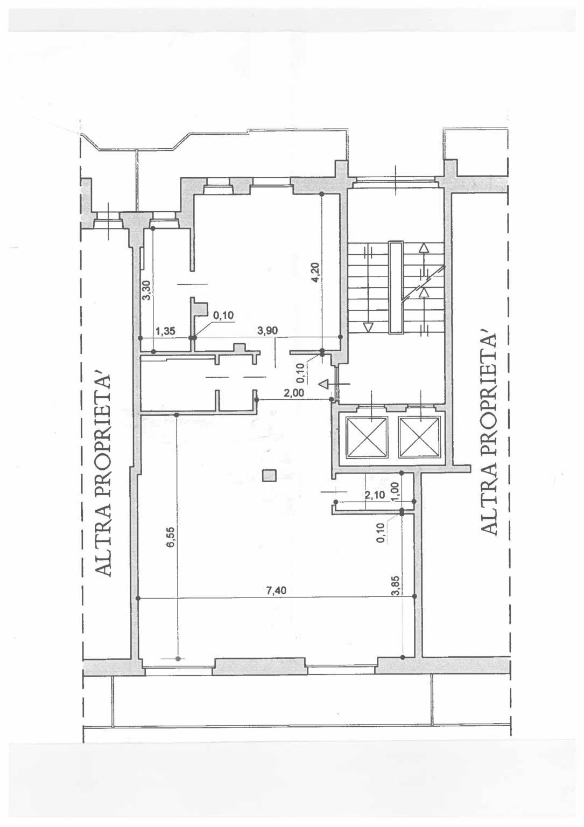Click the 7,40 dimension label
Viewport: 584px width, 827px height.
click(x=276, y=590)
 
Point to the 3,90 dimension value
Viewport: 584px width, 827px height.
click(x=267, y=331)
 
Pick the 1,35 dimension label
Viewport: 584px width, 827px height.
click(x=165, y=331)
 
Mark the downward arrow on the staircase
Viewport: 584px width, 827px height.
click(x=368, y=326)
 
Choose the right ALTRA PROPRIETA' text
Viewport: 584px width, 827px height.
click(x=488, y=433)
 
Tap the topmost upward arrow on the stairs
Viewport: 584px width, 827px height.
click(x=424, y=248)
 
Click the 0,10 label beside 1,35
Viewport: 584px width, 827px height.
click(x=223, y=316)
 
